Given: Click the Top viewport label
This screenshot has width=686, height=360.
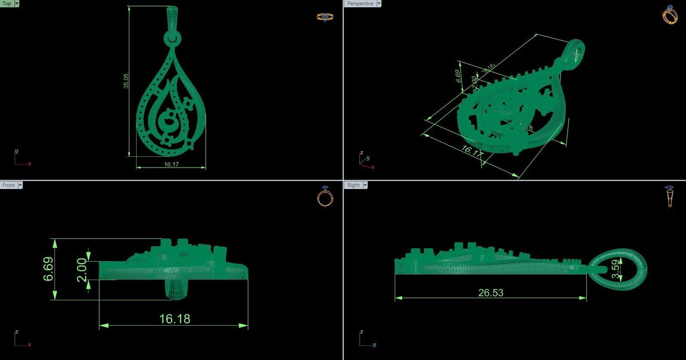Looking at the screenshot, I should [7, 3].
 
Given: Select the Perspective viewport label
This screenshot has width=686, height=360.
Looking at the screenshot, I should [360, 3].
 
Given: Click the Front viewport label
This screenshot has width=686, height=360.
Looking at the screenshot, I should [9, 185].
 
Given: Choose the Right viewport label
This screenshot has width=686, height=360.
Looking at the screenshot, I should [354, 185].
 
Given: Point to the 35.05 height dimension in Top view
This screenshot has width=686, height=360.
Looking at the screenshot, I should [126, 81].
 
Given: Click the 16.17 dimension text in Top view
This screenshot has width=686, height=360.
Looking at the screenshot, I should [171, 164].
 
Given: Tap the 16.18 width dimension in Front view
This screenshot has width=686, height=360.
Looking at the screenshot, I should [174, 319].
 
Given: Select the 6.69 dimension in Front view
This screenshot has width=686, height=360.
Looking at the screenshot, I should [49, 269].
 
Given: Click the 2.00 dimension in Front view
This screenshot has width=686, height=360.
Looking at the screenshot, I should [82, 270].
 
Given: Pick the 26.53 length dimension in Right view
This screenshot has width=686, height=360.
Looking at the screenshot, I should [491, 293].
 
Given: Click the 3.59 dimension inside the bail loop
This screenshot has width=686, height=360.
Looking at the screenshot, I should [616, 269].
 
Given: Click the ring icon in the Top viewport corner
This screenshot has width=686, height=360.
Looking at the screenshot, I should [325, 17].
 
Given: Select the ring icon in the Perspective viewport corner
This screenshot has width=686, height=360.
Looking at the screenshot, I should [670, 15].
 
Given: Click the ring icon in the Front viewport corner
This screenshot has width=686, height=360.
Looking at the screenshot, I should [325, 197].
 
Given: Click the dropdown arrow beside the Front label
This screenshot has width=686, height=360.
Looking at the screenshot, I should [20, 185].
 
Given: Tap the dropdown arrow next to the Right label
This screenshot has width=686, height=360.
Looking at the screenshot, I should [365, 185].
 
